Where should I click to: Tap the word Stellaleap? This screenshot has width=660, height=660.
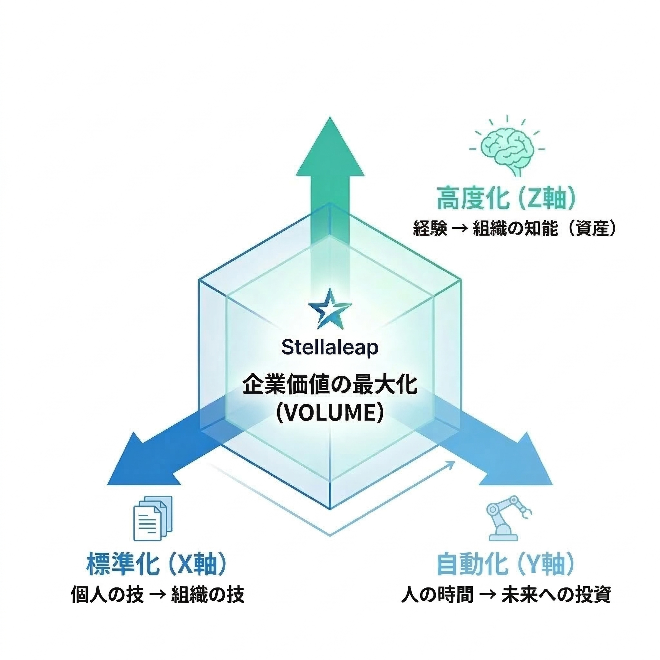coord(330,348)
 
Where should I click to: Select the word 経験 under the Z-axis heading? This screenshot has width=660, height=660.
coord(430,228)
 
